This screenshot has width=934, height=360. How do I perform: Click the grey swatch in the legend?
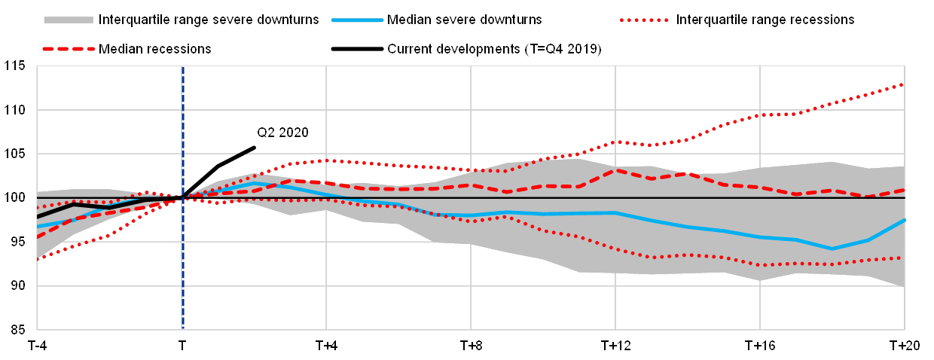[x=69, y=20]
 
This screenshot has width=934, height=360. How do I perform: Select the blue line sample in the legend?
[x=357, y=20]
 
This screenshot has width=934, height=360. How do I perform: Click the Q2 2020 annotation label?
[x=283, y=133]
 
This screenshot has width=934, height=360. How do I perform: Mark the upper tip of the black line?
[x=255, y=147]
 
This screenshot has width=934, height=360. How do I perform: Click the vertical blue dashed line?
[x=182, y=249]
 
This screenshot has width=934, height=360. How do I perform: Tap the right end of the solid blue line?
[x=904, y=220]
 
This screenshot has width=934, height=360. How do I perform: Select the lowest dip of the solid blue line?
[x=832, y=249]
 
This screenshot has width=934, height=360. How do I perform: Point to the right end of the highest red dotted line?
[x=904, y=84]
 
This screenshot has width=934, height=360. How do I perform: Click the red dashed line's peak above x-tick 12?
[x=616, y=170]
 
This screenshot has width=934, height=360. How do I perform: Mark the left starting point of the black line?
[x=38, y=217]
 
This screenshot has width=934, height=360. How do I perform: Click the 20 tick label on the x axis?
[x=913, y=346]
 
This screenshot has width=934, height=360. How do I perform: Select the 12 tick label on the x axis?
[x=624, y=346]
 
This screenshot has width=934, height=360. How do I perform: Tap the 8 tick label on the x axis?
[x=478, y=346]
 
